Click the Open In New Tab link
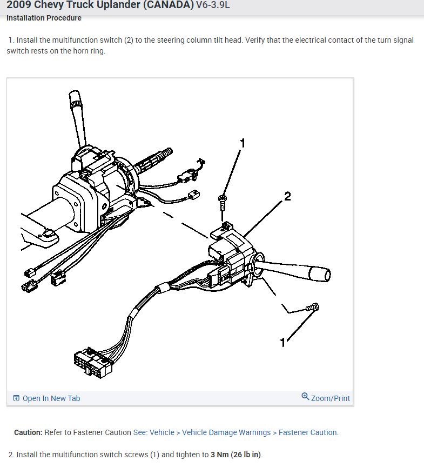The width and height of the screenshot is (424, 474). pyautogui.click(x=51, y=398)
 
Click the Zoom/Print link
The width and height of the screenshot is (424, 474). pyautogui.click(x=331, y=398)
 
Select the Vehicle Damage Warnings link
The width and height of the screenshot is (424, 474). pyautogui.click(x=226, y=432)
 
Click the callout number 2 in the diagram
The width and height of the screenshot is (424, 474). pyautogui.click(x=287, y=197)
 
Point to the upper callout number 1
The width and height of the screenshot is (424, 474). pyautogui.click(x=243, y=143)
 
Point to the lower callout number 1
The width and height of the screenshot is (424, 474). pyautogui.click(x=282, y=343)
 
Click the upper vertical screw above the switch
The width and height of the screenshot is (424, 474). pyautogui.click(x=223, y=203)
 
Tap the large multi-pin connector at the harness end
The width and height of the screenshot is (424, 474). pyautogui.click(x=93, y=363)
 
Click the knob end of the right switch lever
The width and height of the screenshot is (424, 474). pyautogui.click(x=320, y=274)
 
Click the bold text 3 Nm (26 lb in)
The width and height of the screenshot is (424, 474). pyautogui.click(x=236, y=455)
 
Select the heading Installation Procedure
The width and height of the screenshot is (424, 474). pyautogui.click(x=44, y=18)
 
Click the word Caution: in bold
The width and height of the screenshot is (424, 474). pyautogui.click(x=28, y=432)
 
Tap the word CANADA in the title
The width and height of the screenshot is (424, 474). pyautogui.click(x=169, y=5)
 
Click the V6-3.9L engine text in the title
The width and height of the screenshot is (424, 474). pyautogui.click(x=213, y=5)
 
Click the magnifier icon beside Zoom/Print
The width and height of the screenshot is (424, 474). pyautogui.click(x=305, y=396)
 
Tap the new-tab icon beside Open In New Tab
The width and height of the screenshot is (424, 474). pyautogui.click(x=16, y=398)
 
